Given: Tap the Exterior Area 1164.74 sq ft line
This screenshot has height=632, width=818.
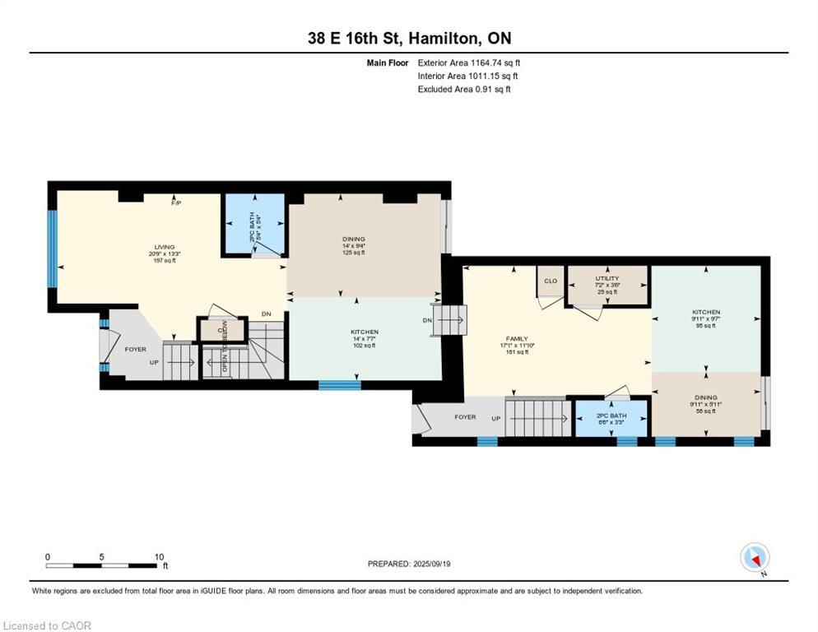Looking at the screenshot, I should point(468,63).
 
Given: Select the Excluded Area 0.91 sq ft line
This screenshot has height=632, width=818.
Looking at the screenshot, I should point(463,89).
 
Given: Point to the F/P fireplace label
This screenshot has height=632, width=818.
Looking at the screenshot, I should point(176,203).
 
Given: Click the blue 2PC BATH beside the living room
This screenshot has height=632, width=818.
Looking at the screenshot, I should point(254,225).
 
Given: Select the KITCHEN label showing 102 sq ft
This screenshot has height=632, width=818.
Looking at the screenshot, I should point(365,338).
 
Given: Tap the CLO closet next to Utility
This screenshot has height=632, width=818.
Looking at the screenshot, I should point(551,281).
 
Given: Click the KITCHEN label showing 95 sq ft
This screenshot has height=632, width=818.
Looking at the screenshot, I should point(705,318).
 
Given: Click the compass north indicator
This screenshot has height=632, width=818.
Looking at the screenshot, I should point(754,558).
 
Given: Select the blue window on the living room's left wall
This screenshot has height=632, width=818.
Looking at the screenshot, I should point(52,249).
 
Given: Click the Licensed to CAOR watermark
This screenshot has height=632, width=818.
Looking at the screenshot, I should point(47,626).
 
